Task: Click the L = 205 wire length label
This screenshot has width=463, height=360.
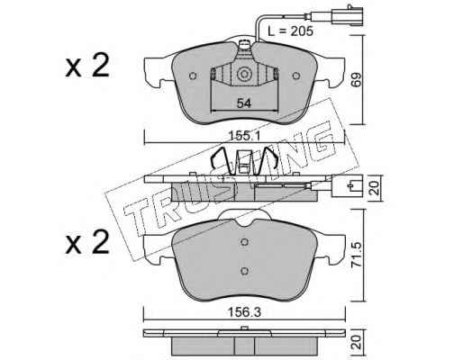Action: (290, 31)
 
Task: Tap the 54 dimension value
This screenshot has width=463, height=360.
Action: (244, 103)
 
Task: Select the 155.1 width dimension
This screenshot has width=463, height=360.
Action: (244, 136)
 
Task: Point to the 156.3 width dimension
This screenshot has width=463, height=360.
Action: (244, 312)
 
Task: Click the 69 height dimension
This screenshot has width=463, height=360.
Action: (357, 79)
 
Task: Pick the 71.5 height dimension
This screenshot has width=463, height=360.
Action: (357, 256)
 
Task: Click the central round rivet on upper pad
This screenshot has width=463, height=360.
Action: (244, 74)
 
